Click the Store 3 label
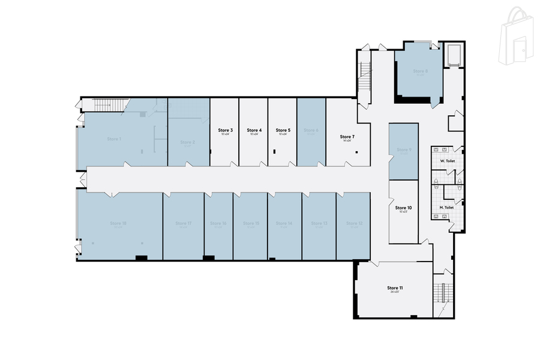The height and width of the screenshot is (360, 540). pyautogui.click(x=225, y=130)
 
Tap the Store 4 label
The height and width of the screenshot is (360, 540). pyautogui.click(x=254, y=130)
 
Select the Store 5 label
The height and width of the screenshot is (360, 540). pyautogui.click(x=283, y=130)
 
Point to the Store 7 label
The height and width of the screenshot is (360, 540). pyautogui.click(x=347, y=137)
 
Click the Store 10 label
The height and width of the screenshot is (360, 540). pyautogui.click(x=403, y=208)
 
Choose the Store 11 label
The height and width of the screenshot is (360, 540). pyautogui.click(x=395, y=288)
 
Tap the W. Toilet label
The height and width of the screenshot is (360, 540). pyautogui.click(x=447, y=161)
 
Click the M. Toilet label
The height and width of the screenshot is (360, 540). pyautogui.click(x=446, y=208)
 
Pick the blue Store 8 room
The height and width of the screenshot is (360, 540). pyautogui.click(x=419, y=75)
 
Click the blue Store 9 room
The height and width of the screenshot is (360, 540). pyautogui.click(x=403, y=151)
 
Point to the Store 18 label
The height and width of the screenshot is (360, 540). pyautogui.click(x=118, y=223)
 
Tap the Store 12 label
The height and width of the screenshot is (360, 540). pyautogui.click(x=354, y=223)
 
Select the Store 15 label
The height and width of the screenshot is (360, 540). pyautogui.click(x=251, y=223)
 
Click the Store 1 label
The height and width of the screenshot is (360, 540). pyautogui.click(x=114, y=139)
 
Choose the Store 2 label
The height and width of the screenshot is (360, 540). pyautogui.click(x=188, y=142)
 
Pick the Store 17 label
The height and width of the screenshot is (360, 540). pyautogui.click(x=183, y=223)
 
